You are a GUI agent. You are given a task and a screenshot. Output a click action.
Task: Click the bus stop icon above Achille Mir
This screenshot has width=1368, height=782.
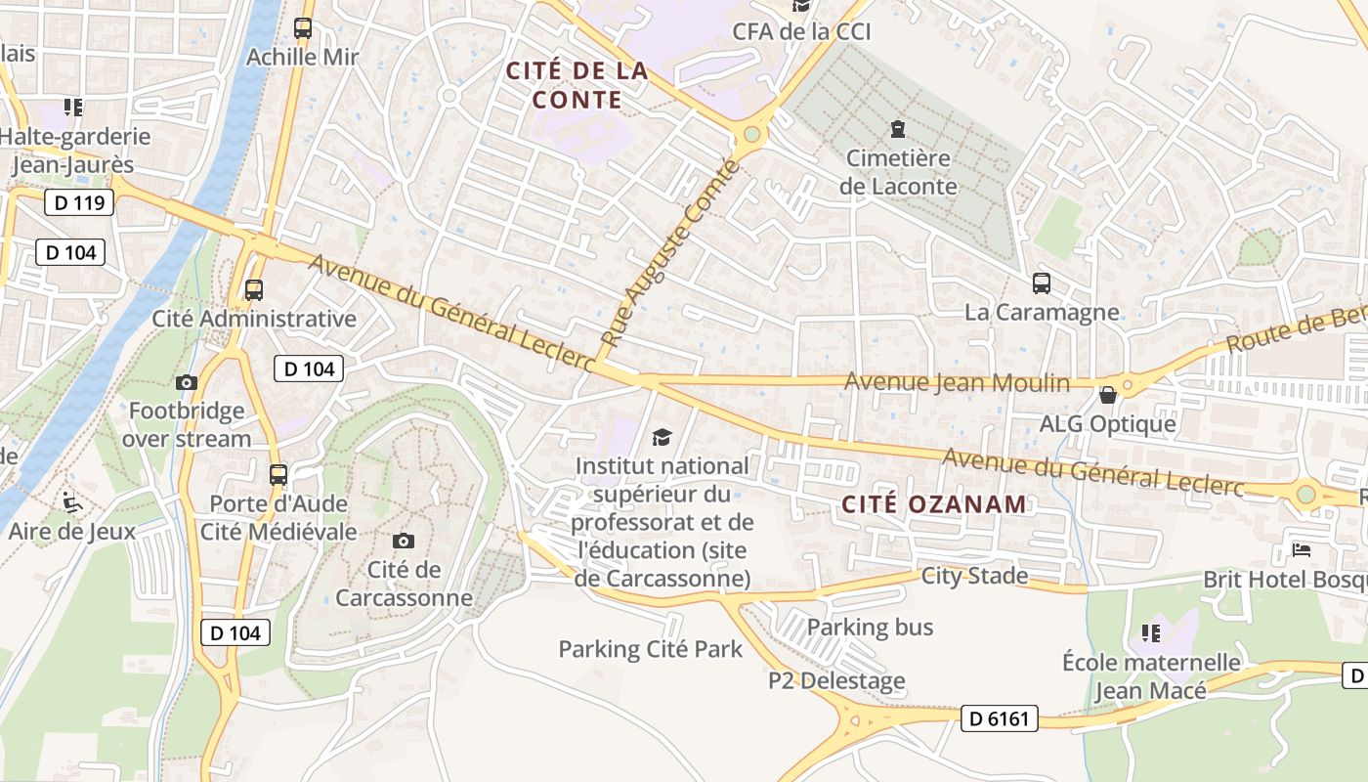[303, 28]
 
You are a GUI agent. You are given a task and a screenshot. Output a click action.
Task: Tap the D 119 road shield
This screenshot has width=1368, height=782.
[79, 203]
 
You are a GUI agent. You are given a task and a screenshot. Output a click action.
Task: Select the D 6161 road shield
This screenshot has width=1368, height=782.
[999, 718]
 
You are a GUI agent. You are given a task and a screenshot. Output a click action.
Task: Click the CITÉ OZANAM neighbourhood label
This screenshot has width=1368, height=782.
[934, 504]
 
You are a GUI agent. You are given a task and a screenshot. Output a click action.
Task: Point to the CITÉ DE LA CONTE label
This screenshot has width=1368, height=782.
[577, 85]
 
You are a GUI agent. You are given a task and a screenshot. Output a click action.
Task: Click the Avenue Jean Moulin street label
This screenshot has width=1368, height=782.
[957, 382]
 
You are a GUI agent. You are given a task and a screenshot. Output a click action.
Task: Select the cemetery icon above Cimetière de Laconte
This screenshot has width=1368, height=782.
[897, 128]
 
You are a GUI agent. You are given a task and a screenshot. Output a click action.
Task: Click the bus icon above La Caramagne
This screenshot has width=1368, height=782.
[1042, 283]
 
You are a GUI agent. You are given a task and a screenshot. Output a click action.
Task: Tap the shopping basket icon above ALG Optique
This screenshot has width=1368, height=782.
[1108, 395]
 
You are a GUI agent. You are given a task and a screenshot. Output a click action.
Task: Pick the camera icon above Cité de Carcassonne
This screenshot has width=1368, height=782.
[403, 541]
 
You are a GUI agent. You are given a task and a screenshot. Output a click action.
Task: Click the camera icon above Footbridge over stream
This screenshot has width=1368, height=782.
[187, 382]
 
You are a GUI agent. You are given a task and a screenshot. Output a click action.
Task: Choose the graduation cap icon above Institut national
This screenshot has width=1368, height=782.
[663, 437]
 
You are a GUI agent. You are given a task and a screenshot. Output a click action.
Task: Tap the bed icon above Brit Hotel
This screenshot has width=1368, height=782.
[1302, 549]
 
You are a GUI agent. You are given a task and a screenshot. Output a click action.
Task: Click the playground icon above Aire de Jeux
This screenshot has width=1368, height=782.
[72, 502]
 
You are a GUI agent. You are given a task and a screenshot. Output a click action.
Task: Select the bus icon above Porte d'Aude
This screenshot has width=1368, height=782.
[278, 475]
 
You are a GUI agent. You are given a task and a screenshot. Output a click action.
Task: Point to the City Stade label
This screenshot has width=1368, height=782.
[974, 576]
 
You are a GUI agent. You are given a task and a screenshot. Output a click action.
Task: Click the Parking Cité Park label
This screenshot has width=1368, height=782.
[651, 649]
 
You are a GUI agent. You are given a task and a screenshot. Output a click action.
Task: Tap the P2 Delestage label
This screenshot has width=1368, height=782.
[836, 681]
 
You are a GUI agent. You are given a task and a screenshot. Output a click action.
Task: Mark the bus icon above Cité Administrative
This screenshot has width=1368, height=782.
[254, 290]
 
